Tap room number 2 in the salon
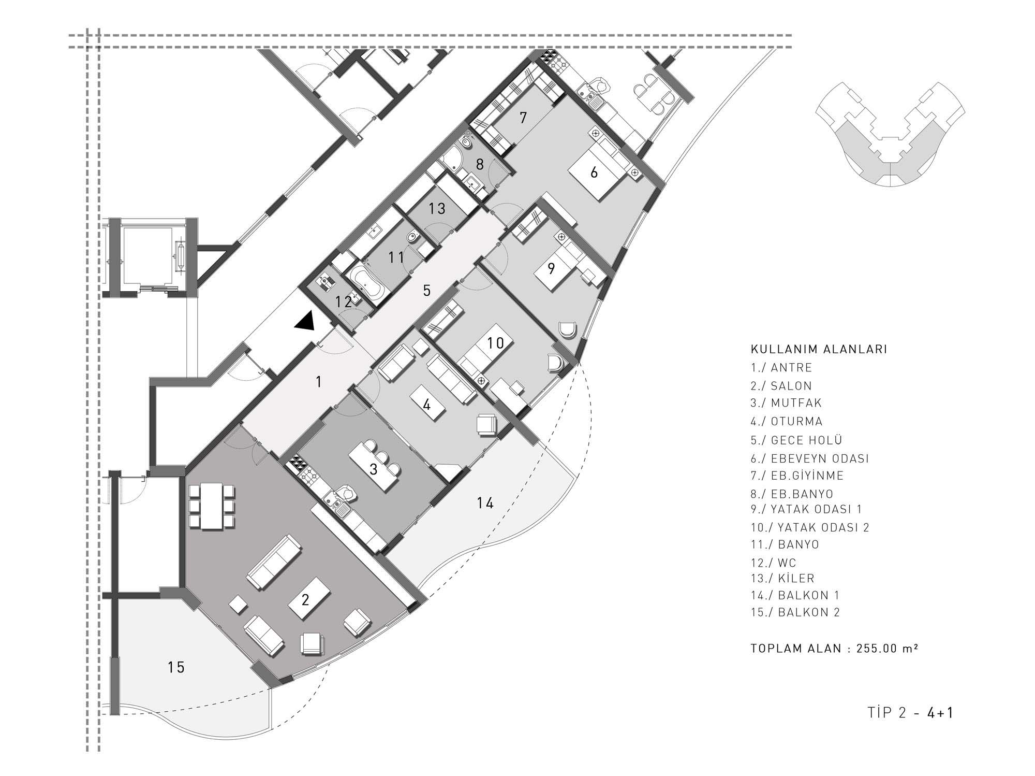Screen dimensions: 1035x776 (305, 600)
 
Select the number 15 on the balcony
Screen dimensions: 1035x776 (176, 667)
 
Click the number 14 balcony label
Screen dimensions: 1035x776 (485, 503)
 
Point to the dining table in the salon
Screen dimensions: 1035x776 (211, 506)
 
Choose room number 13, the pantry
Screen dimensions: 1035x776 (437, 209)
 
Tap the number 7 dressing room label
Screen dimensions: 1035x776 (523, 118)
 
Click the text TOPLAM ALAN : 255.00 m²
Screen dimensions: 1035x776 (834, 649)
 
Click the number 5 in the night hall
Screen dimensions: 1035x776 (426, 291)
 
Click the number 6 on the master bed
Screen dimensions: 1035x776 (594, 172)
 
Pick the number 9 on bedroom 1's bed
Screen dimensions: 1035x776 (551, 268)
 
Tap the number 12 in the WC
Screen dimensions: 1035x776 (344, 302)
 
